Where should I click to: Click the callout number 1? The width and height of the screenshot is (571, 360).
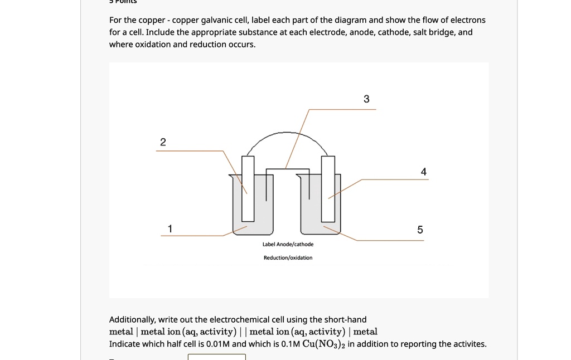(170, 228)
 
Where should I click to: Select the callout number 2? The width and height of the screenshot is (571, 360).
(163, 142)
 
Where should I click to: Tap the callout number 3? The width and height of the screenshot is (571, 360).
(366, 99)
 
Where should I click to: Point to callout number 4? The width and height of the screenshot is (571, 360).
(424, 172)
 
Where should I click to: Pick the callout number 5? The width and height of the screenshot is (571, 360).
(420, 230)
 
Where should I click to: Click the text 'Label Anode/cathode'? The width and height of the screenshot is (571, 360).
(288, 244)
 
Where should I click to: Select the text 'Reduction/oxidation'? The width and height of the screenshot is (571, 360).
(288, 257)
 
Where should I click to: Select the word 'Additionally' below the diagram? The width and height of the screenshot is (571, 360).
(132, 319)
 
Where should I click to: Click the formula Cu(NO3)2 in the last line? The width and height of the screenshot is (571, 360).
(323, 344)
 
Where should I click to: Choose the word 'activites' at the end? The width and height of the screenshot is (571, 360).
(468, 344)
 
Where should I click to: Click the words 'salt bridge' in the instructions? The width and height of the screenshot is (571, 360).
(434, 32)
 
